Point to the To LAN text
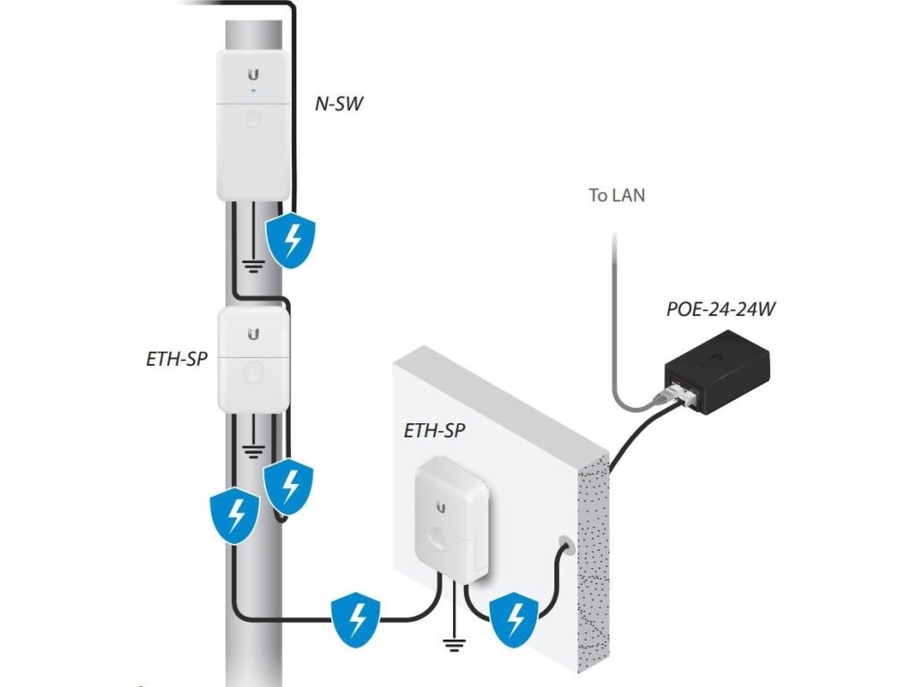pyautogui.click(x=616, y=194)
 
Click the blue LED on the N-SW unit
pyautogui.click(x=254, y=90)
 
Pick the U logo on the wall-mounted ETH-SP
pyautogui.click(x=441, y=507)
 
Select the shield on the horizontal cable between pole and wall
pyautogui.click(x=356, y=617)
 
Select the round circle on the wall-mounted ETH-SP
pyautogui.click(x=441, y=541)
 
